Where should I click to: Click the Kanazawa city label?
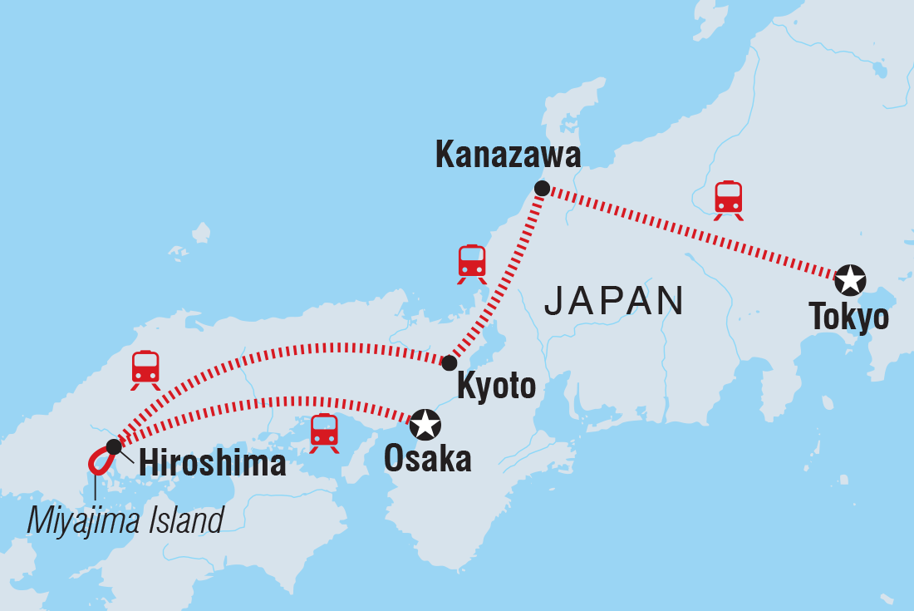(507, 155)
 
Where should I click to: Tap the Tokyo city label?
(848, 317)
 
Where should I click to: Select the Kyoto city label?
(496, 387)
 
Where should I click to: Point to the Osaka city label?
(427, 459)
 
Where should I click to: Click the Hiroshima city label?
(212, 464)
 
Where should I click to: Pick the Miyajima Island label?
(125, 521)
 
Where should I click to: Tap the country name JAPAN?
(614, 300)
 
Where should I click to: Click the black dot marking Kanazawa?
(542, 189)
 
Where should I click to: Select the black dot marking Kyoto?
(450, 362)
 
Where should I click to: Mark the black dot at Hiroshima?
(114, 446)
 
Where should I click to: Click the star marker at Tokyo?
(849, 280)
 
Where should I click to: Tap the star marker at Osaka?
(425, 424)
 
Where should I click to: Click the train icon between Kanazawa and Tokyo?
(729, 200)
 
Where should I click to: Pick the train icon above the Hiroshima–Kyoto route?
(145, 369)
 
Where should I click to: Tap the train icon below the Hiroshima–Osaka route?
(324, 432)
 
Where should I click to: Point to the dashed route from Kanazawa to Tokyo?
(690, 232)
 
